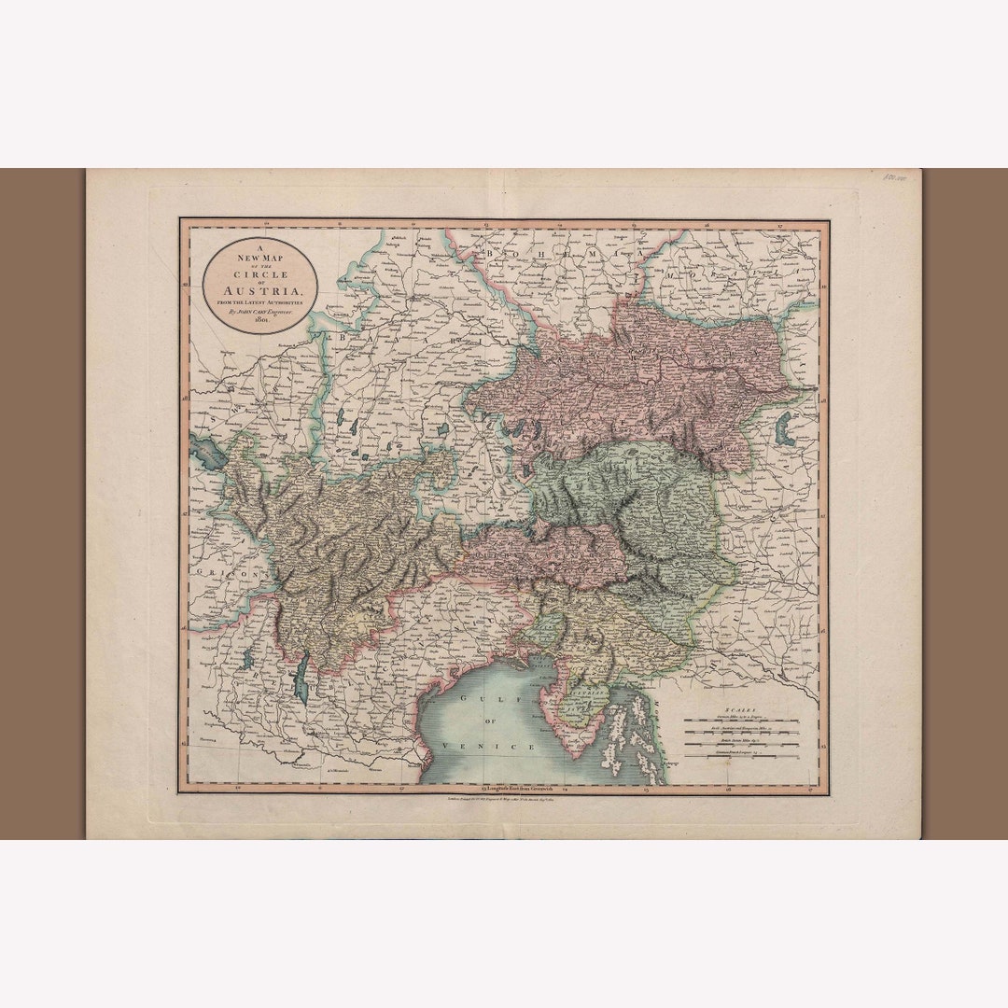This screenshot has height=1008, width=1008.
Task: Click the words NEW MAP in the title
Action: point(260,255)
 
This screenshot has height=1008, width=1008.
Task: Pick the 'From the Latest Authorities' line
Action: point(260,301)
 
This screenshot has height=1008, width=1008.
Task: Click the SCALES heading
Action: point(740,711)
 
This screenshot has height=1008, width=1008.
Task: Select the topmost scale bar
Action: point(740,721)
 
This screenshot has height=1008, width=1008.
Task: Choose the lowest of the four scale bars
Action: point(740,755)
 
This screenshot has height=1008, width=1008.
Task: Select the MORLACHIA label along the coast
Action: point(644,709)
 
